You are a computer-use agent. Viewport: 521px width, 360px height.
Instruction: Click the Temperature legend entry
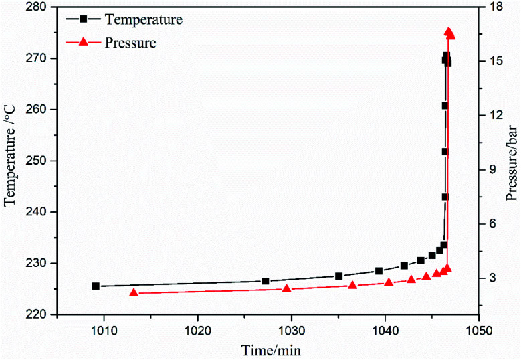click(143, 20)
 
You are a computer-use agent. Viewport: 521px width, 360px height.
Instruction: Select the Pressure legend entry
click(130, 43)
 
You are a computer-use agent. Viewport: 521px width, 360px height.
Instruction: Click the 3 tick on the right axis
click(489, 278)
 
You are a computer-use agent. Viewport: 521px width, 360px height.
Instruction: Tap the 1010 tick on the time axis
click(104, 330)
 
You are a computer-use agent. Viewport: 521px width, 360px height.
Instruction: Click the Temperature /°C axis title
click(11, 161)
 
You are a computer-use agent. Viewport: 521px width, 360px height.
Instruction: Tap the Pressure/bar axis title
click(512, 161)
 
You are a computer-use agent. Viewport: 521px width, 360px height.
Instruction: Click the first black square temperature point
click(96, 286)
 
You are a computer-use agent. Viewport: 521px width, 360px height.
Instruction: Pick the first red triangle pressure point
click(134, 293)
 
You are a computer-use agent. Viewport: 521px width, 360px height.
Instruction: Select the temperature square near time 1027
click(266, 281)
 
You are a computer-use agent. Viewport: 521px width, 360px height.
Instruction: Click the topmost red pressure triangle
click(449, 33)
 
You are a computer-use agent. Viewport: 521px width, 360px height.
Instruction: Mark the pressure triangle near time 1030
click(287, 289)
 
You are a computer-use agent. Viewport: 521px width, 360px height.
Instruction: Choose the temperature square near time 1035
click(339, 276)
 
